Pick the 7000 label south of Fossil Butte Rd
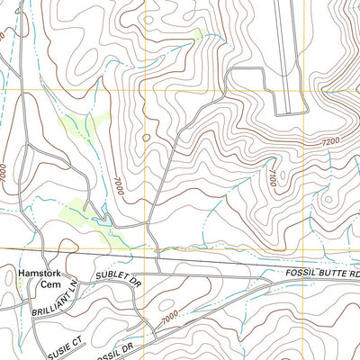tap(168, 318)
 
